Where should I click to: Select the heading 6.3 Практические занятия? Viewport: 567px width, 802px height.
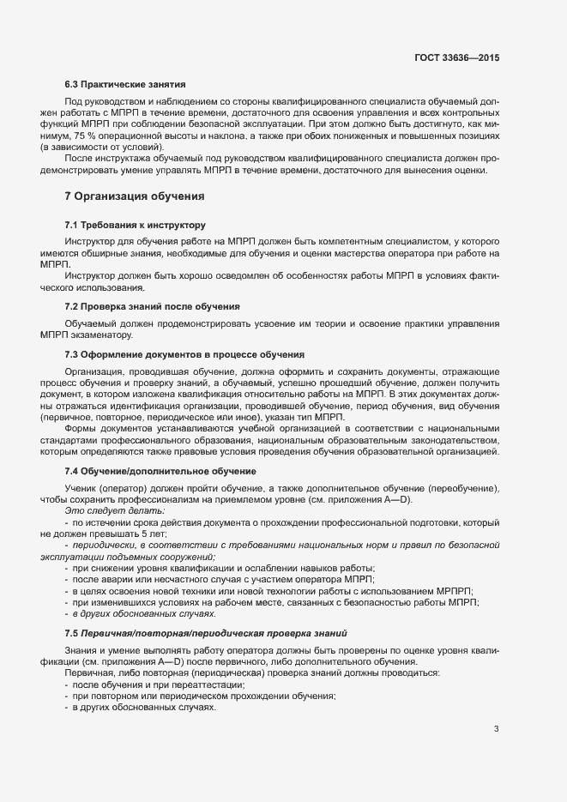point(125,86)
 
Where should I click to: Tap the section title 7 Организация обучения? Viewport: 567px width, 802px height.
point(134,196)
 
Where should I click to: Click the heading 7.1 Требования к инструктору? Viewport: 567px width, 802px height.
point(135,225)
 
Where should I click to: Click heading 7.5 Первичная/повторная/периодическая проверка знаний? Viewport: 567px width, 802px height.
point(205,633)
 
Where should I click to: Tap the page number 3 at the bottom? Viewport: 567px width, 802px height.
point(496,730)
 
